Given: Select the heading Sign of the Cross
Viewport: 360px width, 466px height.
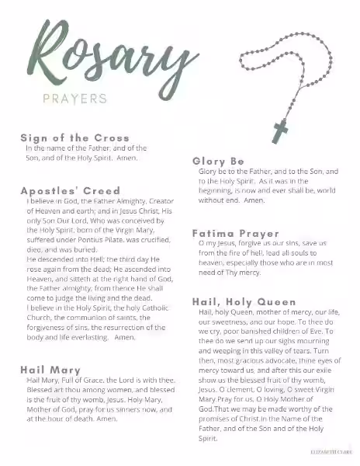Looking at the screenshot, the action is (74, 137).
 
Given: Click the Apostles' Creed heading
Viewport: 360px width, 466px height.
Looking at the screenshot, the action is (70, 190).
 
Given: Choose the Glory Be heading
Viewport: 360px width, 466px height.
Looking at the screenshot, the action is (218, 161).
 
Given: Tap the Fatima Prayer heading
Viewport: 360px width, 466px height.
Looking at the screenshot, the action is (235, 233).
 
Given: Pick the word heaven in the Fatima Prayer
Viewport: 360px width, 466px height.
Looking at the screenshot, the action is (213, 263).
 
